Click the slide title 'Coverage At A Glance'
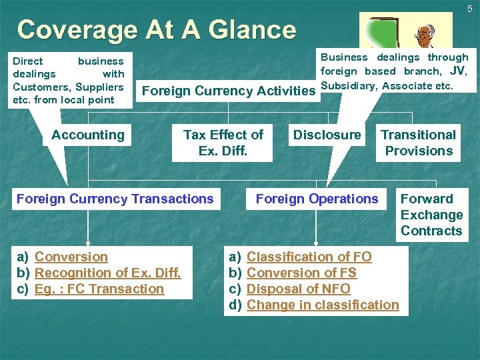coord(156,30)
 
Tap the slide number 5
coord(469,9)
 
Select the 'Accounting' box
coord(88,135)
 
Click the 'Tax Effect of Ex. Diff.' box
coord(223,143)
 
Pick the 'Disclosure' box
coord(327,135)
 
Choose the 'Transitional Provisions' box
coord(418,143)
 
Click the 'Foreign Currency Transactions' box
coord(115,199)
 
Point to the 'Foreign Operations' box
coord(317,199)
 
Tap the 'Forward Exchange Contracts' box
coord(431,215)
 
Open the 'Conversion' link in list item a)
coord(71,257)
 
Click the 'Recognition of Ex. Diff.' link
coord(107,273)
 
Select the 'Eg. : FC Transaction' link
coord(99,289)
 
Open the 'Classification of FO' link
coord(309,257)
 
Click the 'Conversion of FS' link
coord(301,273)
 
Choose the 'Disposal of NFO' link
coord(298,289)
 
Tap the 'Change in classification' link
coord(323,305)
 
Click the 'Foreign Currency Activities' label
coord(229,91)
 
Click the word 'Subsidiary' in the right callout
coord(347,85)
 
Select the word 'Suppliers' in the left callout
coord(100,87)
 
